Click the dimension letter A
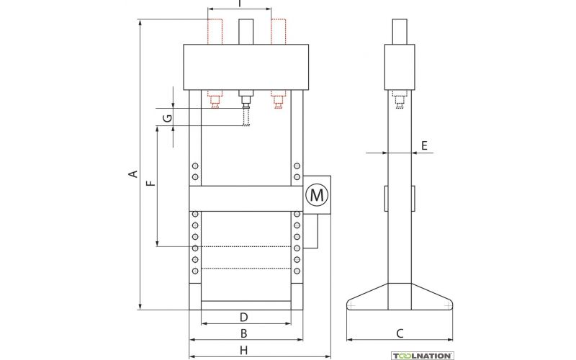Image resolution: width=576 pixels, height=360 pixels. (134, 174)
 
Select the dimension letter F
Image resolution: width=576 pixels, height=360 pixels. (151, 183)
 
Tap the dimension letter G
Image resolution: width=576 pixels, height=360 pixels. (167, 118)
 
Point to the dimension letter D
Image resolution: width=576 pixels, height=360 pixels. (243, 317)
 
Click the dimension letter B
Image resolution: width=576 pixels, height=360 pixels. (243, 333)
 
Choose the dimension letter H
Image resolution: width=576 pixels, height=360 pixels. (243, 350)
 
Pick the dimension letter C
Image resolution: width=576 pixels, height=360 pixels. (400, 333)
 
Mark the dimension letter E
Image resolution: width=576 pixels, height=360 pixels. (424, 146)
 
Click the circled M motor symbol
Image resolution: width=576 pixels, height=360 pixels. (317, 194)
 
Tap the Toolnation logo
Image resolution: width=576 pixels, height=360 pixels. (422, 356)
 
